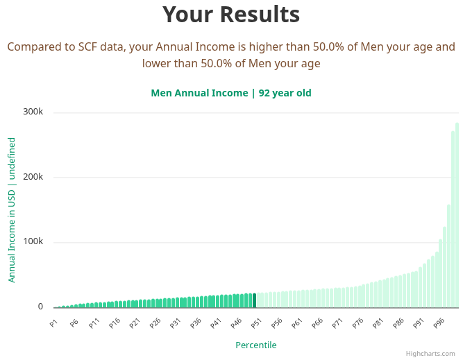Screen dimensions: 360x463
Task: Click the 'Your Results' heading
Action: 231,15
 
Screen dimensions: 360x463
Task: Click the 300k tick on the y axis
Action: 33,112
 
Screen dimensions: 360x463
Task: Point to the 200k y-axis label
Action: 33,177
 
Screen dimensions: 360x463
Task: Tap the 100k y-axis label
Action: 33,242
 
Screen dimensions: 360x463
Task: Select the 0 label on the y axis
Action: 40,307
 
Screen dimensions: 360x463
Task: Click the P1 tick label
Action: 53,323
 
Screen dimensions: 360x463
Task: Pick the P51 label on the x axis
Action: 255,323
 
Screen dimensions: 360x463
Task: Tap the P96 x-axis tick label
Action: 438,323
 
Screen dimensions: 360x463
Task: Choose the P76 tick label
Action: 357,323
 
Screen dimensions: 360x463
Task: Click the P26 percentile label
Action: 154,323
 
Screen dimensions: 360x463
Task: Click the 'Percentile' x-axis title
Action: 255,345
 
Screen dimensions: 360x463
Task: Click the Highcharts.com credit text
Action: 430,353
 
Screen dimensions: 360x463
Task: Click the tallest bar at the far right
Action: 457,215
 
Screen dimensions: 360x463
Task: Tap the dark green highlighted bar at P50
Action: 254,300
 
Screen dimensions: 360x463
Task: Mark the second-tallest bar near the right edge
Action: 453,219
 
